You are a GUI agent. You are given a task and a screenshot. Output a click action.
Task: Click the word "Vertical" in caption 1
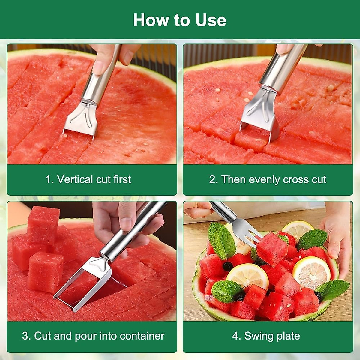[75, 179]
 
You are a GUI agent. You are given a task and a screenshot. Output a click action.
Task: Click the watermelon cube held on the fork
[272, 249]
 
